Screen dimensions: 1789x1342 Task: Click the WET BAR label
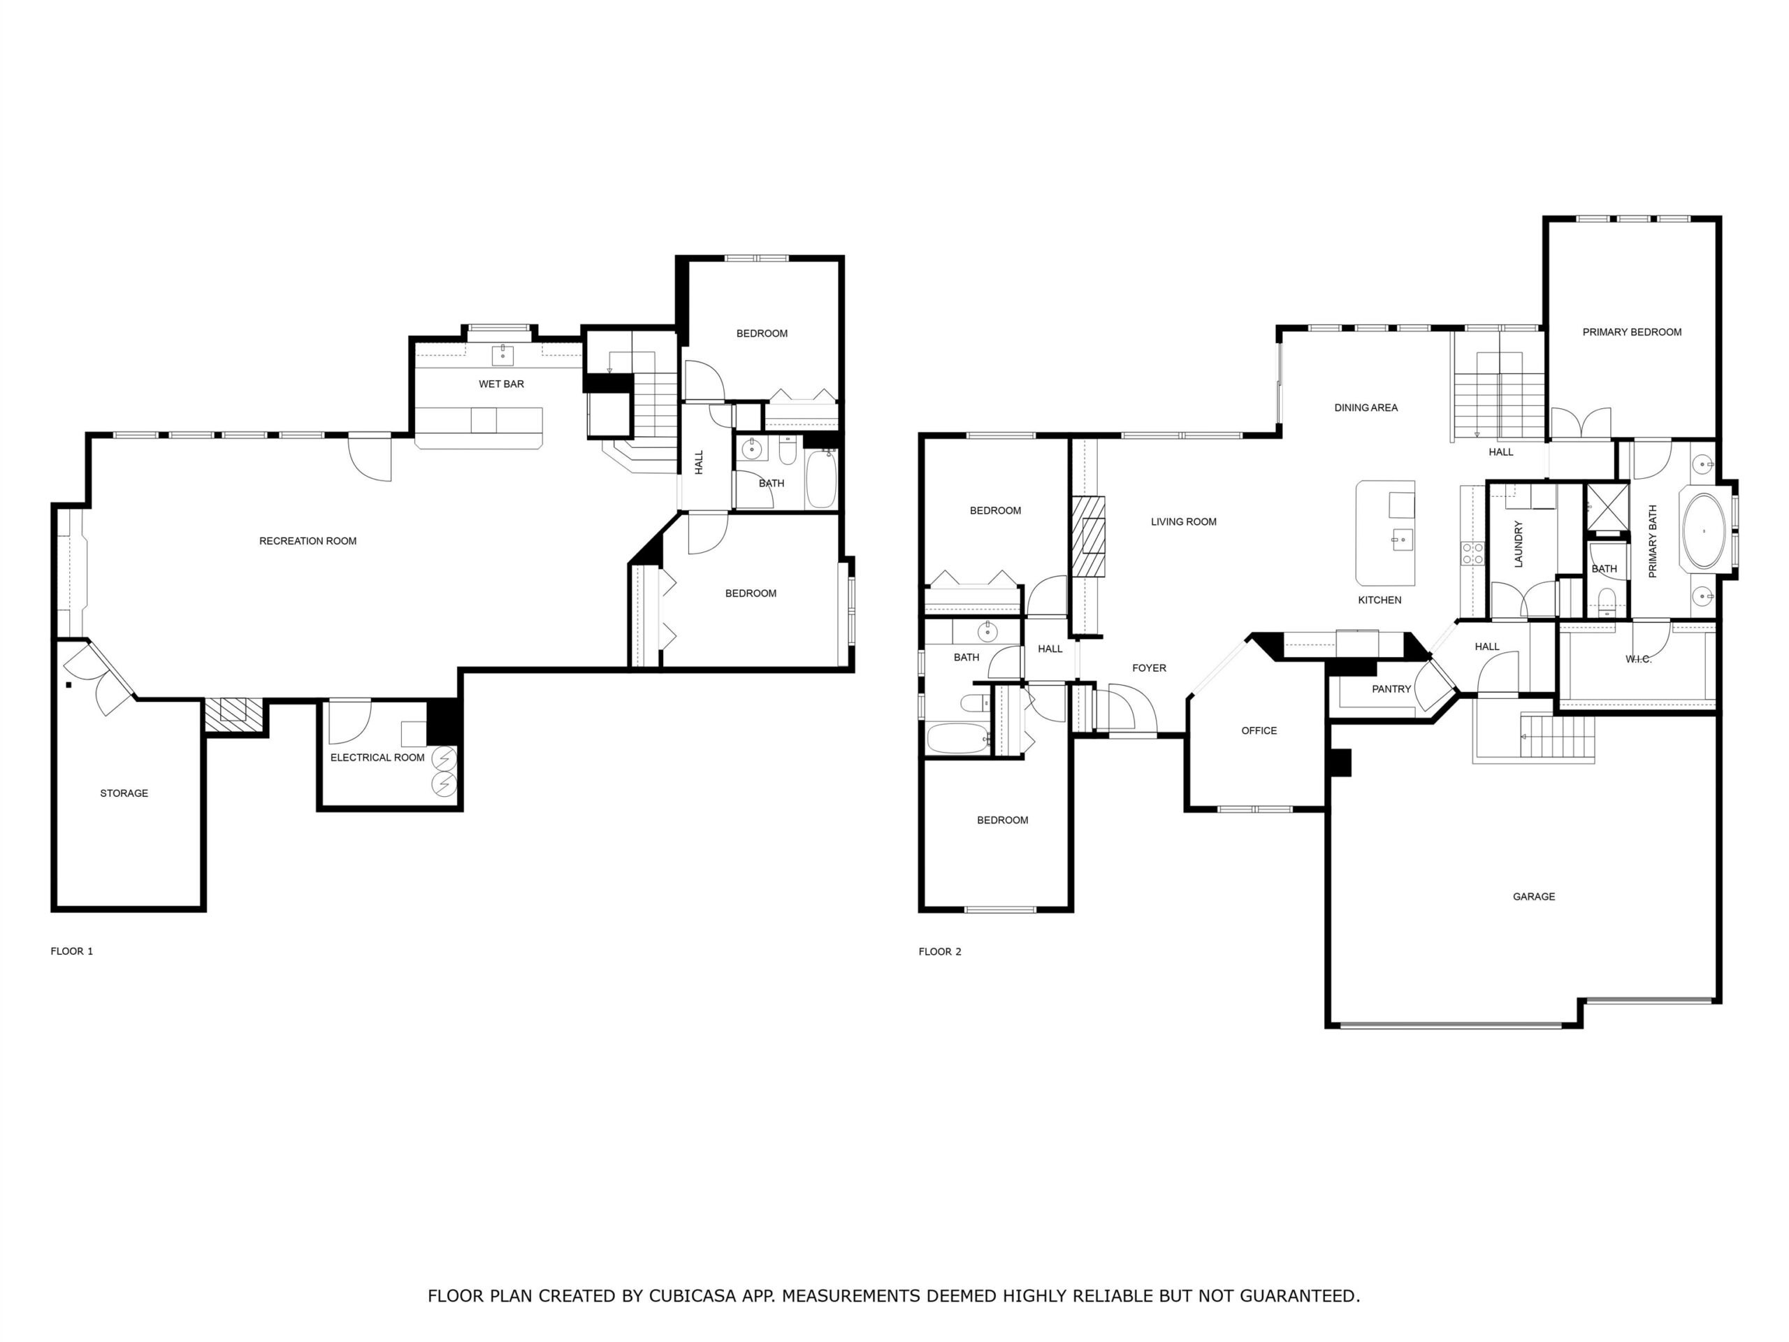[502, 384]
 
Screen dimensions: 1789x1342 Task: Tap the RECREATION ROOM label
[307, 541]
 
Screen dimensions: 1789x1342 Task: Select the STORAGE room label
[124, 793]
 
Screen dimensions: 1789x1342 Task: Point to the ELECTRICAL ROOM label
[377, 758]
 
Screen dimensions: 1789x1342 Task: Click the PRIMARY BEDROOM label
[1631, 333]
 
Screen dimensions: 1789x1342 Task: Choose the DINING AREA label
[1366, 408]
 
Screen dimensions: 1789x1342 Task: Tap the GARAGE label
[1533, 897]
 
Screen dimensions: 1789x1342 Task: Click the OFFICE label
[1259, 731]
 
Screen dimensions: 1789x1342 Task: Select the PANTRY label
[1391, 689]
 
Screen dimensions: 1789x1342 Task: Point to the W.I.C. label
[1639, 659]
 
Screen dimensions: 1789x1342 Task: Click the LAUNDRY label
[1518, 544]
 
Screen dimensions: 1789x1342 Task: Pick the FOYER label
[1148, 668]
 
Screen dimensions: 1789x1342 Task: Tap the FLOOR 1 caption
[72, 951]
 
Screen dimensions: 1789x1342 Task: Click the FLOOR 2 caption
[940, 952]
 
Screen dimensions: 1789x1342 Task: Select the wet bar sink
[503, 354]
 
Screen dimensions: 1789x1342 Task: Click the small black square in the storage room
[68, 685]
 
